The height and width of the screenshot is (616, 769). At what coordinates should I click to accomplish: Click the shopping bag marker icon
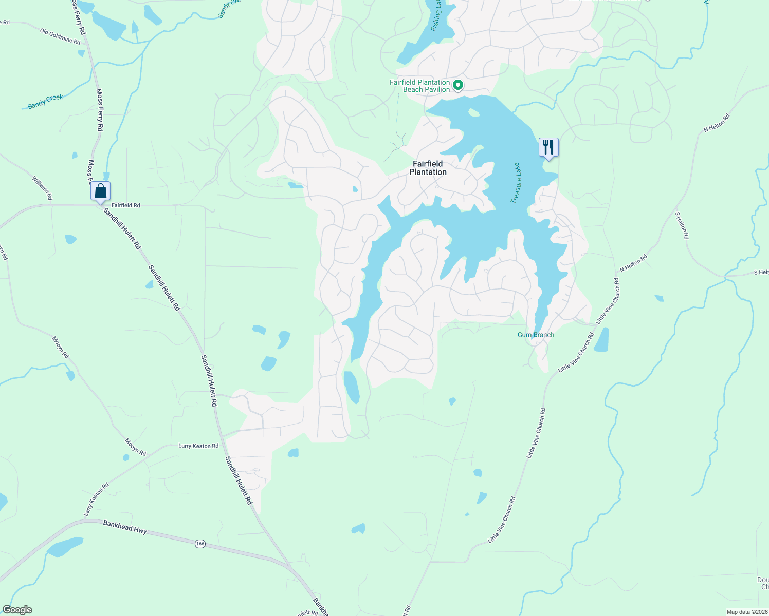[101, 191]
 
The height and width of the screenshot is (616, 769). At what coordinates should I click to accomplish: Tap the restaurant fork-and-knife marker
[548, 147]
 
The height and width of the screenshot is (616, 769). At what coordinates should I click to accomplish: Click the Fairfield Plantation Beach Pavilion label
[420, 86]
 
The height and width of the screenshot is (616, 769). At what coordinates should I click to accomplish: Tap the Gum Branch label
[536, 335]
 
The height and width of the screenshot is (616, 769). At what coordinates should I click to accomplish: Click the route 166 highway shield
[200, 543]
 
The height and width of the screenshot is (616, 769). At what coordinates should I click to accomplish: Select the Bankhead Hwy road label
[125, 527]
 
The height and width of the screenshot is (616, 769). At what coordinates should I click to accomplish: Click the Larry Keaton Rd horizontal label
[198, 446]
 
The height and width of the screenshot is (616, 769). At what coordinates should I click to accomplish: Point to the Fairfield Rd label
[126, 205]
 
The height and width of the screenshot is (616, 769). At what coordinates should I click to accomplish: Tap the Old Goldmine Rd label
[60, 36]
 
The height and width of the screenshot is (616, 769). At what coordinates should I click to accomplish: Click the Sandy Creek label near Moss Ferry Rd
[45, 101]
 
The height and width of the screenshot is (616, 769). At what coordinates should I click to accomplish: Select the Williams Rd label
[42, 187]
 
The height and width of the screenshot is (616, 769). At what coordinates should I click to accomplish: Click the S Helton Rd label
[682, 226]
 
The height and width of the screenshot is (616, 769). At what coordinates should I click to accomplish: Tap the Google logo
[17, 610]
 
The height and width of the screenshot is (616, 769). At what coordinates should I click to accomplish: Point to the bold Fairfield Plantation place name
[428, 168]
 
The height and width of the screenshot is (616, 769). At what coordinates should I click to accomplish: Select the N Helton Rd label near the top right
[717, 124]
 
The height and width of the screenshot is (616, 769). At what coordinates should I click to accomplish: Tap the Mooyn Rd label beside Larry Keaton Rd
[136, 447]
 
